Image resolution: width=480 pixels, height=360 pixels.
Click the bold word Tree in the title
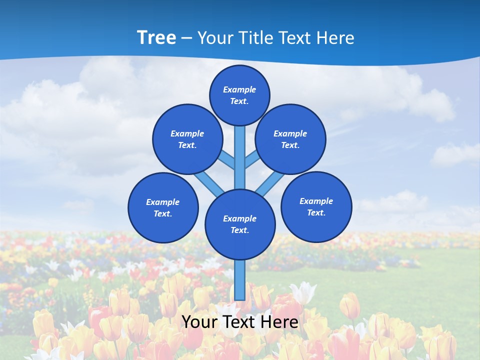point(156,37)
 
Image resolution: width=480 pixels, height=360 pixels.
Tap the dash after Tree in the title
point(186,38)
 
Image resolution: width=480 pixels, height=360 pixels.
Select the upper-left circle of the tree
point(187,139)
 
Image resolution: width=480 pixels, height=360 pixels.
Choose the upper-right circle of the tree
point(290,139)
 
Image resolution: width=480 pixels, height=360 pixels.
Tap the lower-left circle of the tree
point(163,207)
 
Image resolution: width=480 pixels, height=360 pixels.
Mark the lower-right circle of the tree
point(316,207)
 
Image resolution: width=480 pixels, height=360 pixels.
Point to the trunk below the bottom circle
point(240,280)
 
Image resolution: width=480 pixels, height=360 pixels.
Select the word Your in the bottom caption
point(198,322)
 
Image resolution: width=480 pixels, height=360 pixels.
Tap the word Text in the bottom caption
point(238,322)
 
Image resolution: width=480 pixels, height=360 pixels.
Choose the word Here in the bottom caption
point(279,322)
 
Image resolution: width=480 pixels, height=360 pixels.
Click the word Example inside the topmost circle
point(239,89)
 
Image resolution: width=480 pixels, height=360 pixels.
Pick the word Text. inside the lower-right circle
point(316,212)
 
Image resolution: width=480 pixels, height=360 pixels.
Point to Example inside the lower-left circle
point(162,202)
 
